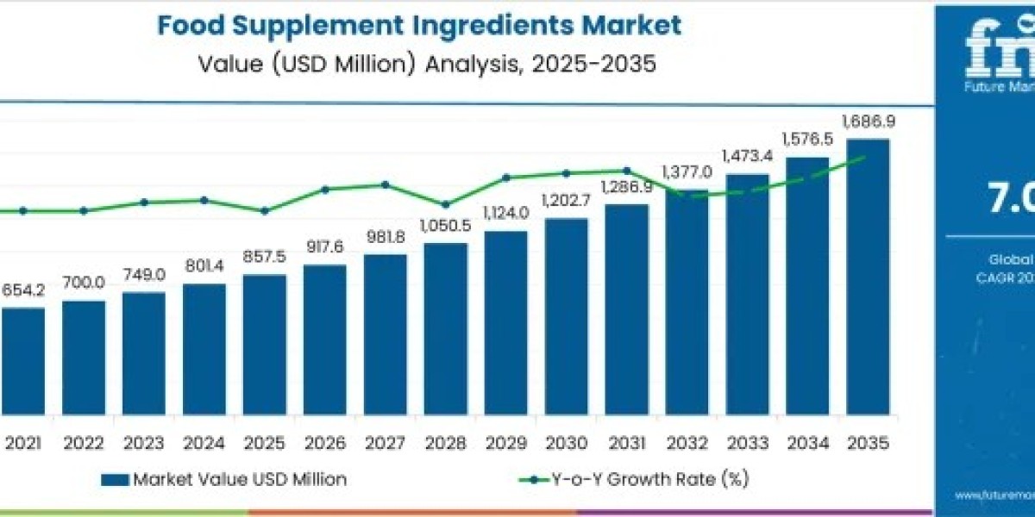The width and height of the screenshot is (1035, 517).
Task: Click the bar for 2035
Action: click(x=868, y=284)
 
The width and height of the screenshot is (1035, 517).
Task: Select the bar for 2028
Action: click(x=445, y=336)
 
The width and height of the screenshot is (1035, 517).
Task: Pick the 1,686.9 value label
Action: click(x=868, y=122)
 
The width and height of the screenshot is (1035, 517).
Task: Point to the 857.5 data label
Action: click(x=264, y=258)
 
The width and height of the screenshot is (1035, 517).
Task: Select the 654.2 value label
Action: click(x=23, y=290)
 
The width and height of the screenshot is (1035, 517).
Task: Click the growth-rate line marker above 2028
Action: click(x=445, y=205)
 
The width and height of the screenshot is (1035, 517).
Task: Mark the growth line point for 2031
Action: click(x=626, y=171)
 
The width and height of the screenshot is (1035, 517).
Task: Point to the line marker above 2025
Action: click(x=264, y=210)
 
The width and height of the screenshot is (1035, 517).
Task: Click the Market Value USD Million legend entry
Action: click(x=224, y=480)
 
